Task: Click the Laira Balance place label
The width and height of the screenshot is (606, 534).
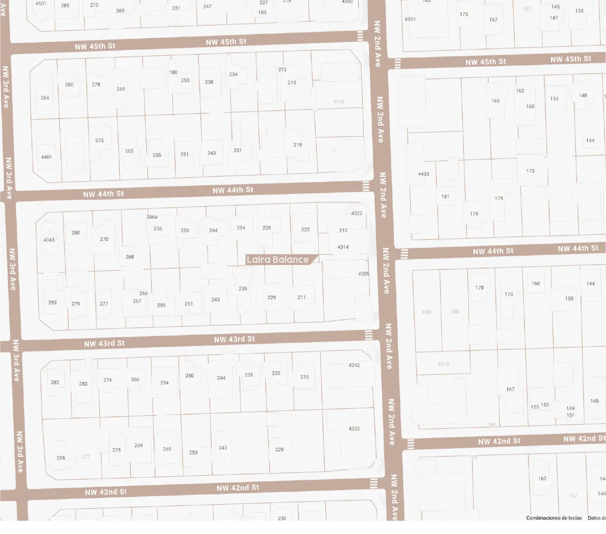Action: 278,260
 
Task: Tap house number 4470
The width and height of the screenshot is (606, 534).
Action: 338,102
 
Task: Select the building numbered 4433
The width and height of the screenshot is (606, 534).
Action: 424,174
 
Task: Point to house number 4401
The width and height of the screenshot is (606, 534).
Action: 47,157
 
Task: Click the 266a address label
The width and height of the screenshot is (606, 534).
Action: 152,217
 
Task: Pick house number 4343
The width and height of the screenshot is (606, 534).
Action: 49,240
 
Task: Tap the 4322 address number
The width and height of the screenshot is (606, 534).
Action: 357,213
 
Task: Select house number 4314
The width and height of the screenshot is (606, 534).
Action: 343,247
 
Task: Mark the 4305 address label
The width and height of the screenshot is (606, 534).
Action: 364,274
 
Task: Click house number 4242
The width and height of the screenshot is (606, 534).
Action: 354,366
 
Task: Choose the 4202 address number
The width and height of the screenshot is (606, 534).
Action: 354,429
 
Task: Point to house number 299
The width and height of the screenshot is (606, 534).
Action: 52,303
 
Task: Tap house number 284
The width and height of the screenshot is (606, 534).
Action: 45,98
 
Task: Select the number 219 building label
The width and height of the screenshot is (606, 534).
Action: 297,145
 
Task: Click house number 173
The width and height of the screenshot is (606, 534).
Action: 530,171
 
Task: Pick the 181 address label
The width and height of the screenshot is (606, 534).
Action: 445,197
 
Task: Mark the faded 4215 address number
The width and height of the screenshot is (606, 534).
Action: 443,364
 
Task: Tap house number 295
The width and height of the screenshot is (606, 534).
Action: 61,458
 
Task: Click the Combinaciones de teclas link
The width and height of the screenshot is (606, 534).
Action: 554,518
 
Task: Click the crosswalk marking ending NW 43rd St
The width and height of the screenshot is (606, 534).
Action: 369,335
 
